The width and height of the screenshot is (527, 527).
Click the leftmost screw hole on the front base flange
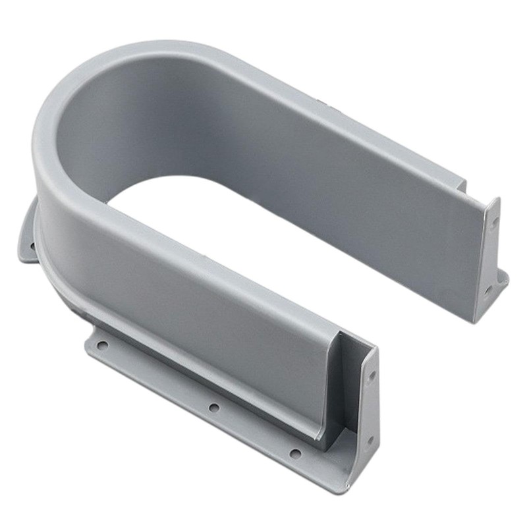click(101, 345)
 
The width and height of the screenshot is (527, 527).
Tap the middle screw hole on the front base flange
click(213, 408)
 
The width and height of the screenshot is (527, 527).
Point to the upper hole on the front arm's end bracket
click(372, 377)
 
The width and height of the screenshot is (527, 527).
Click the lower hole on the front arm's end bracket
click(369, 440)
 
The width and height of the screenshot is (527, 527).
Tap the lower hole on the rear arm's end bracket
click(488, 289)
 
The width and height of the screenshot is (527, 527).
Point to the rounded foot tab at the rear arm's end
click(503, 280)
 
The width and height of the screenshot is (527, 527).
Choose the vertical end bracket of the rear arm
click(488, 257)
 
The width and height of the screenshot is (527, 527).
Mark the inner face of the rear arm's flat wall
click(343, 178)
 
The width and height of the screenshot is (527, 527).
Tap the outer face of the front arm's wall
click(198, 290)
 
